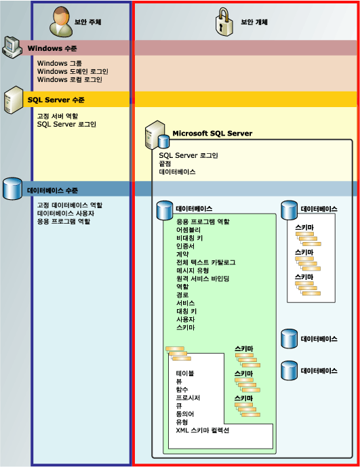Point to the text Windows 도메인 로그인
[73, 71]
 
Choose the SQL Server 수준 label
[56, 100]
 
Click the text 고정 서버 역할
[57, 117]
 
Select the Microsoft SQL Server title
[212, 134]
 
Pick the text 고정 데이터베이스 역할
[69, 205]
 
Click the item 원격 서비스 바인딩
[203, 279]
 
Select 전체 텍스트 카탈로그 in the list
[205, 262]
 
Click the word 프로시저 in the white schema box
[188, 398]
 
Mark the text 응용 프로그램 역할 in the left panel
[64, 222]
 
